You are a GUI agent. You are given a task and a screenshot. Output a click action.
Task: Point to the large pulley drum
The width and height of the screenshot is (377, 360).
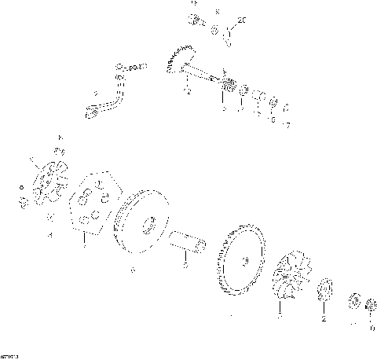[141, 224]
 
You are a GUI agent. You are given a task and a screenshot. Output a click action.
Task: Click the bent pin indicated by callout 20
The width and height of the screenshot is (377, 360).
[228, 33]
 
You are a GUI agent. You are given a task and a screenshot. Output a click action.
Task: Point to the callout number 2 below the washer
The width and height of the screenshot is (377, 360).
[323, 321]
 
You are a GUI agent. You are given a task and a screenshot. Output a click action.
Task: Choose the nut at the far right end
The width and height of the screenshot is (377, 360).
[370, 304]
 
